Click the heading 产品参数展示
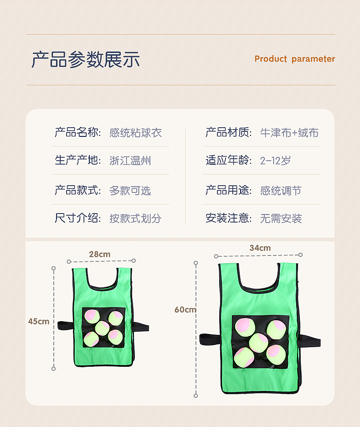(86, 59)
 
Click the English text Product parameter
(295, 59)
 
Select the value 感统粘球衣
(135, 133)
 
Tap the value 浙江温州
(130, 161)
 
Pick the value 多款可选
(130, 190)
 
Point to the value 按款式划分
(135, 219)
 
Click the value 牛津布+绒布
(289, 133)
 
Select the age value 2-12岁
(275, 161)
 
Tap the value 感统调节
(281, 190)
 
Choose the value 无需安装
(281, 219)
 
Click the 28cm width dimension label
(100, 255)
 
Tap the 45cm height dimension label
(39, 321)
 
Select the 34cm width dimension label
(260, 248)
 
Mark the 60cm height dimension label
(185, 310)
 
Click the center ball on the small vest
(103, 328)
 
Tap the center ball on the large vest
(258, 343)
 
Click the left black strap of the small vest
(65, 325)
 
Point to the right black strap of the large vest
(310, 341)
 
